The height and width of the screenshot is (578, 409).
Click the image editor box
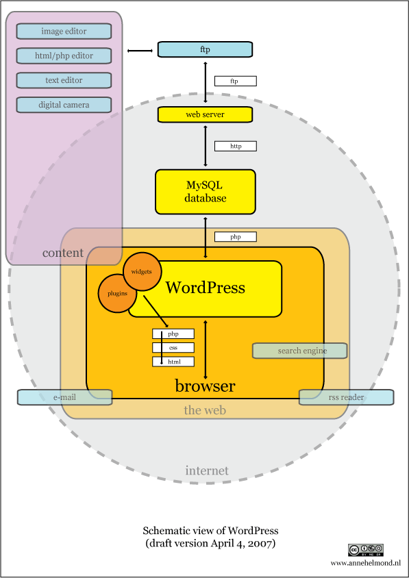[64, 32]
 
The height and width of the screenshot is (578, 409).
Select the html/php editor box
[64, 55]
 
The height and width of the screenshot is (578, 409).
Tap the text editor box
[64, 80]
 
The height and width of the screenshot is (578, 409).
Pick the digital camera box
[64, 105]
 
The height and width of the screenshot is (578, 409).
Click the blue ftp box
[205, 49]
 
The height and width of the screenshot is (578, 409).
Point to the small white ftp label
[235, 81]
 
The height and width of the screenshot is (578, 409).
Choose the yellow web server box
[205, 114]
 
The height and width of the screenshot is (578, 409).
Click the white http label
[235, 146]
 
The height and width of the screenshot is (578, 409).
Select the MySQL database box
[206, 192]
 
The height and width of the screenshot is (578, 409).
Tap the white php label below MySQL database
[235, 237]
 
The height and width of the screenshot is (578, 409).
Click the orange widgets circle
[142, 272]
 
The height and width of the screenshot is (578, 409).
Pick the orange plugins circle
[117, 293]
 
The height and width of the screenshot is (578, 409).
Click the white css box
[173, 348]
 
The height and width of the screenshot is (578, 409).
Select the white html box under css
[173, 362]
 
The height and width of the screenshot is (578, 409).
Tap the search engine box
[300, 351]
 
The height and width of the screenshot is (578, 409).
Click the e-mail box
[65, 397]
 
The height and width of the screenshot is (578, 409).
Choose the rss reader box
[346, 397]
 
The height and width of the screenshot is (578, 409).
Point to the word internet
[207, 470]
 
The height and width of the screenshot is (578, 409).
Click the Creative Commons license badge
[366, 550]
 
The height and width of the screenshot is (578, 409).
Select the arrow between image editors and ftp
[140, 51]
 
